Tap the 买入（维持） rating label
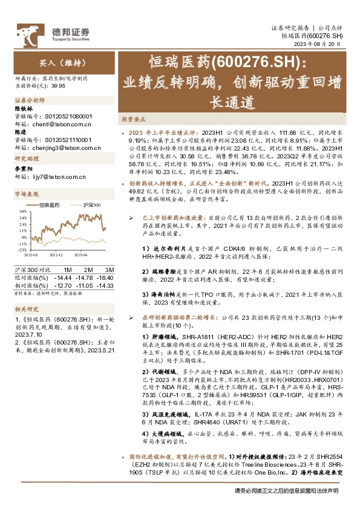tap(47, 62)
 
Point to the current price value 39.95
tap(57, 86)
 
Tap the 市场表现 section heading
tap(26, 195)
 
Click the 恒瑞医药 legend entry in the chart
tap(53, 206)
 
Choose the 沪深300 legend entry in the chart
tap(91, 206)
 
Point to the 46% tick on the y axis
tap(22, 212)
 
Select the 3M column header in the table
tap(109, 268)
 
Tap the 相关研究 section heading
tap(26, 309)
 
